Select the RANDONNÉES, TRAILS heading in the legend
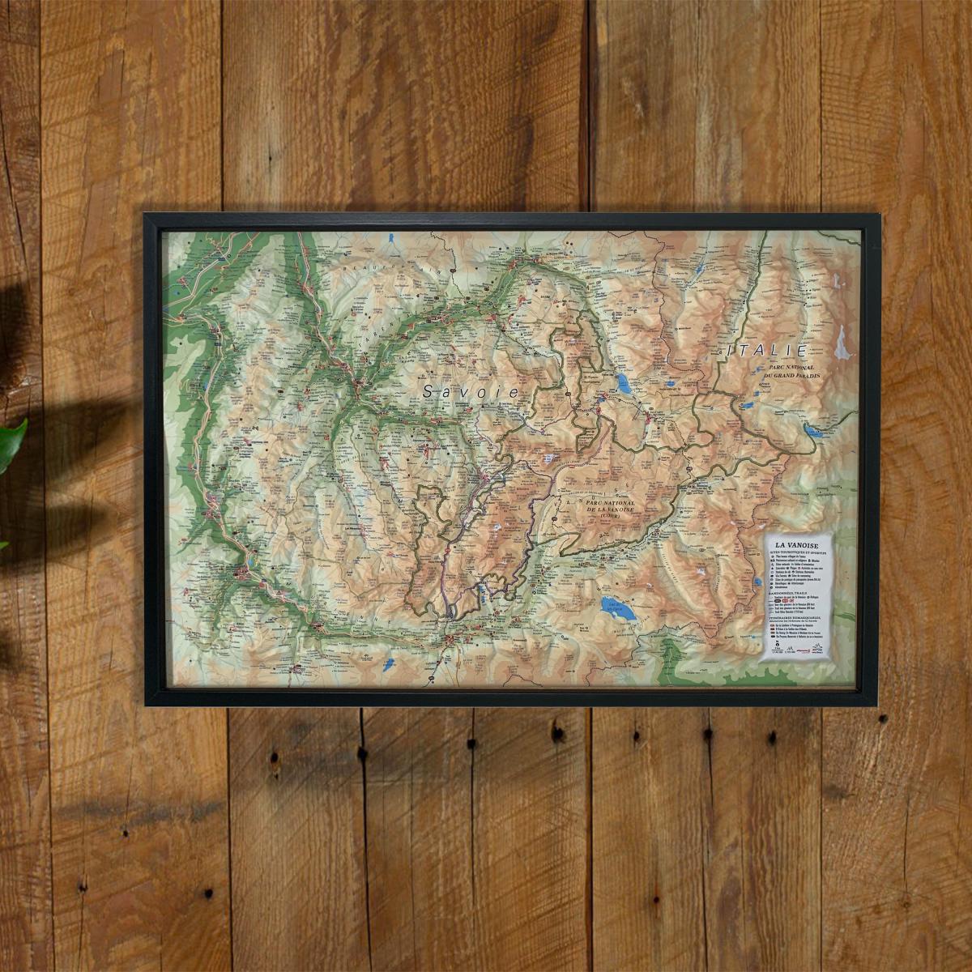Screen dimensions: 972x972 click(794, 593)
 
